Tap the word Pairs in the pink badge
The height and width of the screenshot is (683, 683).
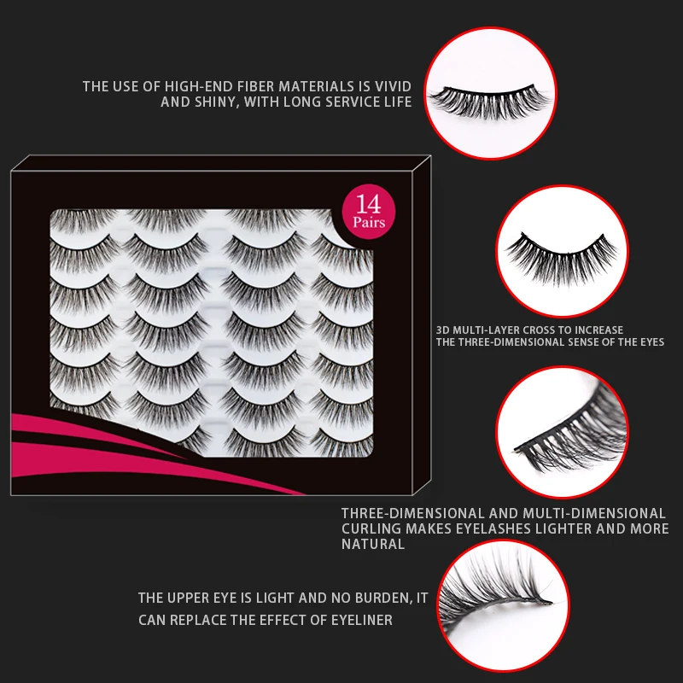pos(369,223)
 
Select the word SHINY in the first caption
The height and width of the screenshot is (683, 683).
pos(215,102)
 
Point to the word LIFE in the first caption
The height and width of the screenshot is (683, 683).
pos(395,102)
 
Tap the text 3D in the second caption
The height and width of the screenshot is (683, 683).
pos(442,330)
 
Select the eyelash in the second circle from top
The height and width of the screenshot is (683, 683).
pos(554,254)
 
